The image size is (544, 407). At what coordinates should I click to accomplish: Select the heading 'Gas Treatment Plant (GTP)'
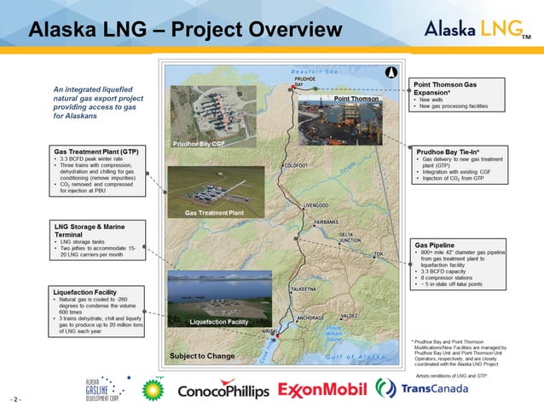point(95,151)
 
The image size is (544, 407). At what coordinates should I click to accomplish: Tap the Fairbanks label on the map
point(326,221)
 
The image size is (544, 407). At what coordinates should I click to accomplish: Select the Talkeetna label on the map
point(304,289)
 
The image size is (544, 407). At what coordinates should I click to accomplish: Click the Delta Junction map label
point(350,238)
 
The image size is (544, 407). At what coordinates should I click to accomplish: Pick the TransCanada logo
point(424,389)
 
